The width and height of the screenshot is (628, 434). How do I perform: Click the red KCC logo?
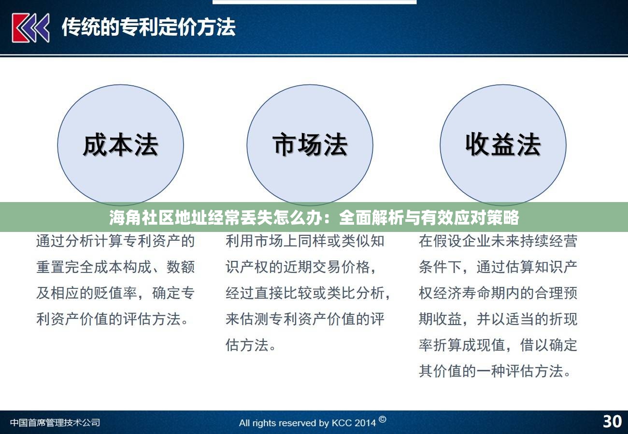pos(30,27)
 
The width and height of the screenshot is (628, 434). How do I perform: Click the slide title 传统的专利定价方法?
pos(148,27)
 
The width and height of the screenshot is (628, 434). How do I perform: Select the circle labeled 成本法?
pos(120,145)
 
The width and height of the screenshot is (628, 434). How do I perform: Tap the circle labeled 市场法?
pos(310,145)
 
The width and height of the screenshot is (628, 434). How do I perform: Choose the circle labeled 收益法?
pos(502,145)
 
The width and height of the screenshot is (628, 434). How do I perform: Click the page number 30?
pos(612,421)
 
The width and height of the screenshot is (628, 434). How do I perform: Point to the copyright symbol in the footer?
pos(382,419)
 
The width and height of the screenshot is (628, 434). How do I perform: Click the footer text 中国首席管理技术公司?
pos(55,422)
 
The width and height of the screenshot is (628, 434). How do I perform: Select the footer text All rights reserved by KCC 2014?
pos(307,423)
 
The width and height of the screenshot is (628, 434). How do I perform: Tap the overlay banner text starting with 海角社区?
pos(314,218)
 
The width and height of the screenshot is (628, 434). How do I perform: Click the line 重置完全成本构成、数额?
pos(115,267)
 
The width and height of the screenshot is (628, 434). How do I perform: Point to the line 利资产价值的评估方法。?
pos(113,319)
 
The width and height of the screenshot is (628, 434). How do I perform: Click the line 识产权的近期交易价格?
pos(301,267)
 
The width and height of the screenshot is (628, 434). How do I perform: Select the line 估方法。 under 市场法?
pos(251,345)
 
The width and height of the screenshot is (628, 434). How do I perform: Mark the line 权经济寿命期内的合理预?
pos(498,293)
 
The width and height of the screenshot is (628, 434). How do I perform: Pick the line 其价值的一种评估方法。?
pos(495,371)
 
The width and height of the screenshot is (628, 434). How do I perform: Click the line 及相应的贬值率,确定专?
pos(115,293)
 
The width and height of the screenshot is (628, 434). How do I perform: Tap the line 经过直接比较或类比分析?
pos(308,293)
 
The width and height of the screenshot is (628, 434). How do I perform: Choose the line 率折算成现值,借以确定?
pos(498,345)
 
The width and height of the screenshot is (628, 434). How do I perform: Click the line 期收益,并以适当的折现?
pos(498,319)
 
